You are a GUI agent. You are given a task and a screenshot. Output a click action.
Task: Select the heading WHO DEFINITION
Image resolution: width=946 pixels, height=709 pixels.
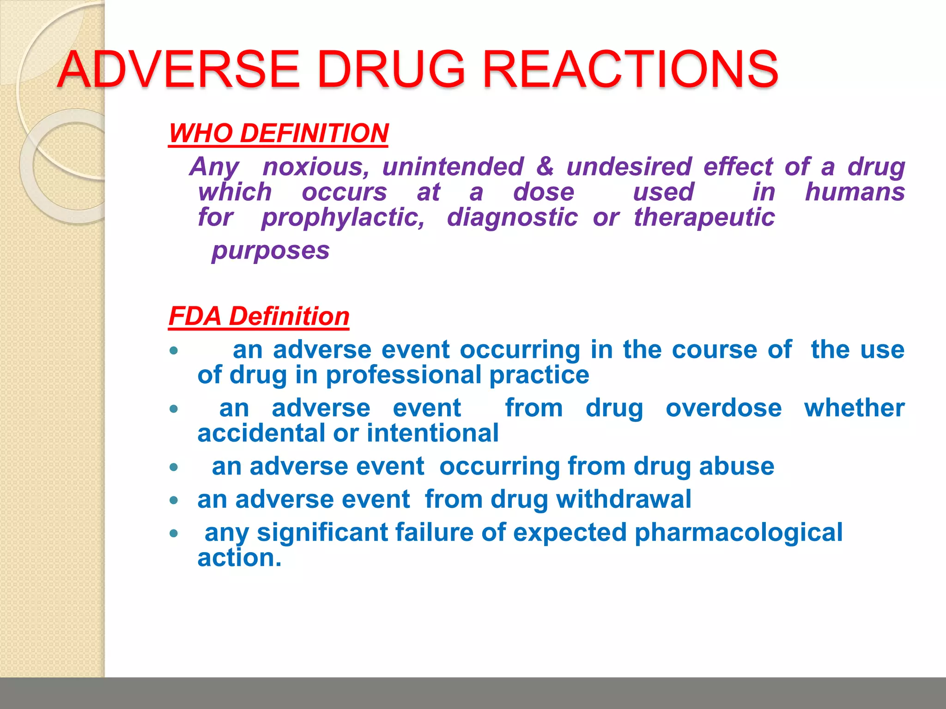(279, 133)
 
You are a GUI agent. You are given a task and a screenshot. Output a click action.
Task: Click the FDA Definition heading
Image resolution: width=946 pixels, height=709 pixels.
(259, 317)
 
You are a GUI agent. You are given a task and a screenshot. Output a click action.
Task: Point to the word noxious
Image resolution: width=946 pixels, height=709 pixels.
(316, 167)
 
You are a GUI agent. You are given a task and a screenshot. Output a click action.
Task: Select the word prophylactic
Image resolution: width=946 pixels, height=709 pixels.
(343, 217)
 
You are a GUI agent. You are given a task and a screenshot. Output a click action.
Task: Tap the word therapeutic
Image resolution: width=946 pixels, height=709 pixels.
(704, 217)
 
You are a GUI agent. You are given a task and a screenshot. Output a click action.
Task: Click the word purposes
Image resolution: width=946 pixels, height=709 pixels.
(271, 251)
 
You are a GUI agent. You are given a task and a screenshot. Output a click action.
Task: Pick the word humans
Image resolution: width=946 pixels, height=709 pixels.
(855, 192)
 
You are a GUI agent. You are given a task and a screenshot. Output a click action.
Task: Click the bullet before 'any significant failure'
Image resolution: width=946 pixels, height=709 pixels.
(174, 534)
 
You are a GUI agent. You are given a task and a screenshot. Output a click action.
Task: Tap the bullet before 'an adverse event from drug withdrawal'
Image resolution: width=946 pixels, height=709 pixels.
(174, 500)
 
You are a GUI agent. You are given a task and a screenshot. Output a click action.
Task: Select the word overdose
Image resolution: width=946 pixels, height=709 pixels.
(723, 408)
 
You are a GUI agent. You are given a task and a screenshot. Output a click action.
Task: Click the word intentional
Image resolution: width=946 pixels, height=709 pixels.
(432, 433)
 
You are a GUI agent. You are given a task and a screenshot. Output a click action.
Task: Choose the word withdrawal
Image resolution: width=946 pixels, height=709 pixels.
(623, 499)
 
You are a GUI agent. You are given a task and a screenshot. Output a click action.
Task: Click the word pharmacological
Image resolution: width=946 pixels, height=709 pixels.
(738, 533)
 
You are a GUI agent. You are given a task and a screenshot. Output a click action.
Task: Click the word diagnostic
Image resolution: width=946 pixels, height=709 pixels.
(512, 217)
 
